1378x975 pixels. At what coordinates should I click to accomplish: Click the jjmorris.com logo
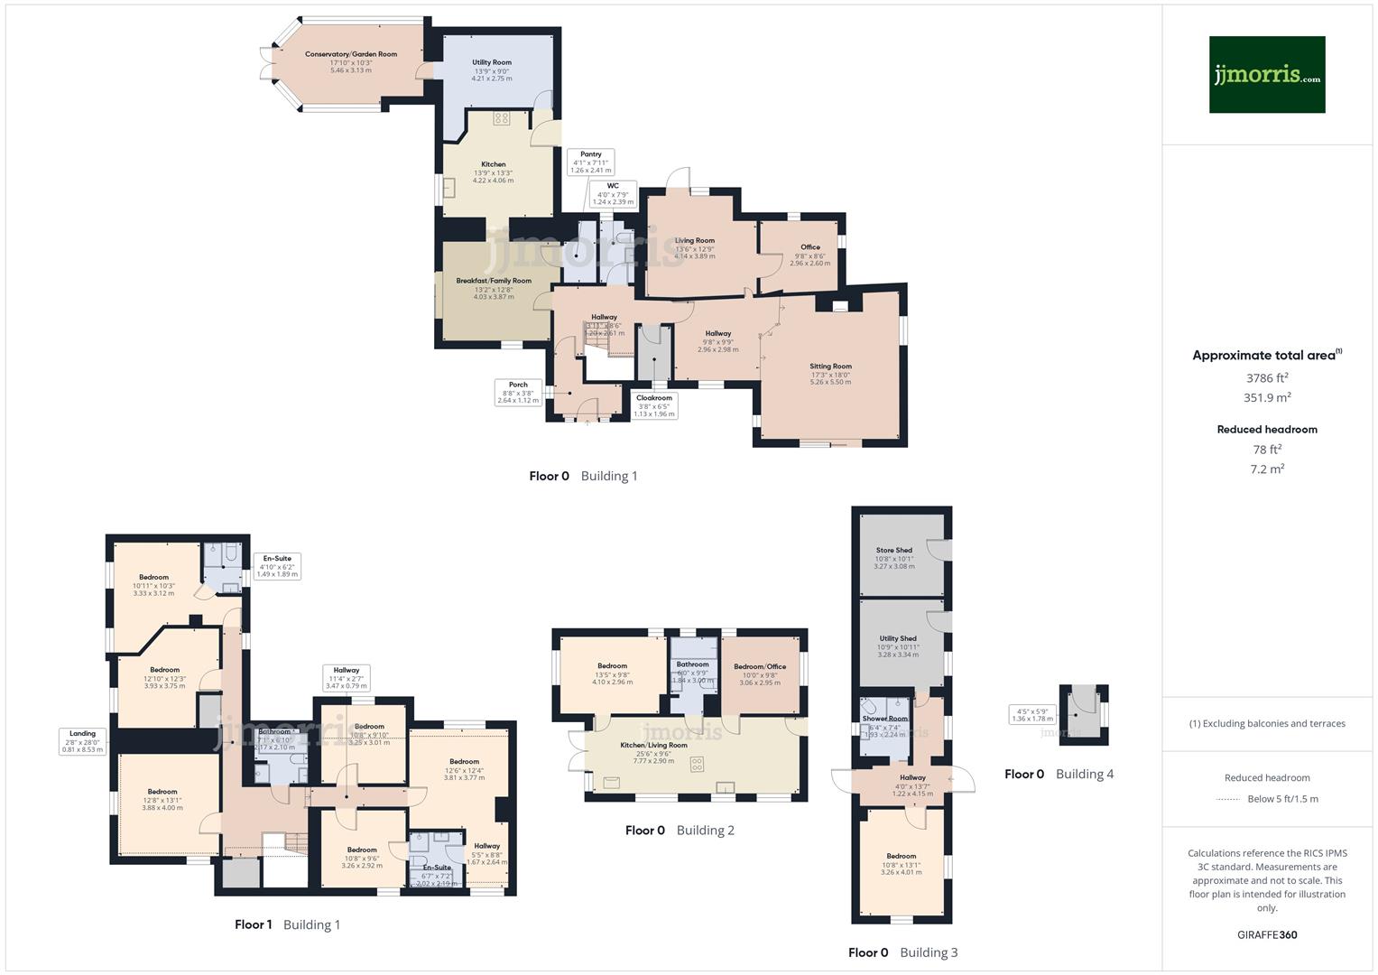(x=1266, y=74)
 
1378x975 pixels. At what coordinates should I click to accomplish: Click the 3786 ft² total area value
(x=1267, y=378)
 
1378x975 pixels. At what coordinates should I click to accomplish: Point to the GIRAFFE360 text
(x=1267, y=934)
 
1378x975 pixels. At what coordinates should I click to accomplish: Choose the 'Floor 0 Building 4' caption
(x=1059, y=774)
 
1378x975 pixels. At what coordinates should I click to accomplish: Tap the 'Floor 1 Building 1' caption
(x=287, y=924)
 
